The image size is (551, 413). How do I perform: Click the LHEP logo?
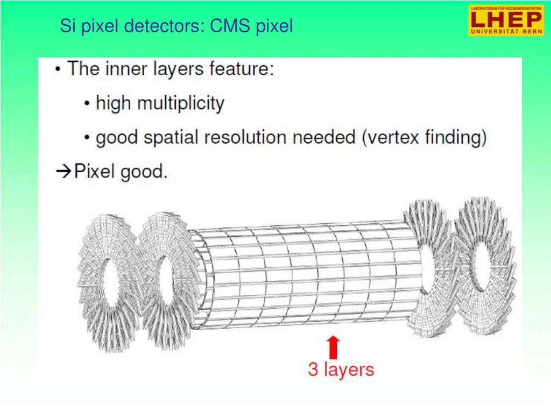505,20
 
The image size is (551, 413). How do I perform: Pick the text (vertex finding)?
425,138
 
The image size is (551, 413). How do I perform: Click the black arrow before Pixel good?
63,172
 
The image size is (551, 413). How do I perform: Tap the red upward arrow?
334,347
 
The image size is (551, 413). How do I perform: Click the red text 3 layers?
341,369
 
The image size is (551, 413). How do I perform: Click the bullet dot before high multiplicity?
87,104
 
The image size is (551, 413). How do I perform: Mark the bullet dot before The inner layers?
58,69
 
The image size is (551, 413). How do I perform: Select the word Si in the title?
67,26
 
